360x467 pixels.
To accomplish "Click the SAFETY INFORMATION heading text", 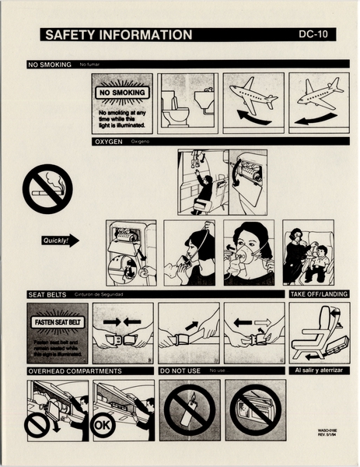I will pyautogui.click(x=118, y=35).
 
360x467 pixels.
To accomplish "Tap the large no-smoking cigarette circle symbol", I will pyautogui.click(x=47, y=188).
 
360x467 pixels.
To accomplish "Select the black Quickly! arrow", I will pyautogui.click(x=60, y=241).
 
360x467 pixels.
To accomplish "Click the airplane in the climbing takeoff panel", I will pyautogui.click(x=253, y=97).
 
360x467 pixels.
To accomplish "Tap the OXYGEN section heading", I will pyautogui.click(x=108, y=142).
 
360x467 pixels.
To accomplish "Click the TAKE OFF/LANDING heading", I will pyautogui.click(x=319, y=294).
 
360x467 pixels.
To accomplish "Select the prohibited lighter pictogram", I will pyautogui.click(x=188, y=409).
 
